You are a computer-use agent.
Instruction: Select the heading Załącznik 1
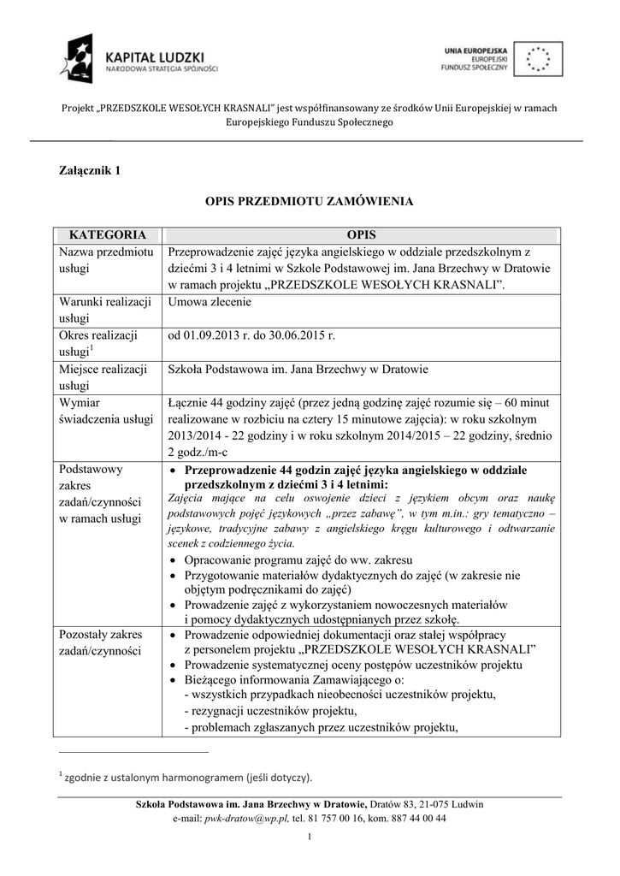click(89, 169)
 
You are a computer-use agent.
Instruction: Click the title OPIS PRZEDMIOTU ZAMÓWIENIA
click(309, 202)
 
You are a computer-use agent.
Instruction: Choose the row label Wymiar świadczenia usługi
click(105, 411)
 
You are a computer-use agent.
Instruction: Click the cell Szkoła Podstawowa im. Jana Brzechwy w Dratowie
click(298, 369)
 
